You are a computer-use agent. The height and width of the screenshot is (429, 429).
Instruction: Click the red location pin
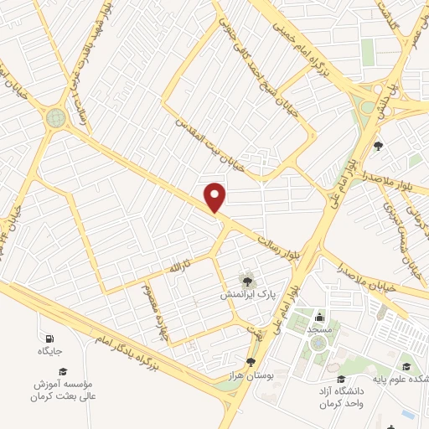click(x=215, y=196)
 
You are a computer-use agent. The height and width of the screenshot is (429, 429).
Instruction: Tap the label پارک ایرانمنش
click(x=247, y=295)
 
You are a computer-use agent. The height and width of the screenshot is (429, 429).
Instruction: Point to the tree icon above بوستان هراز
click(x=251, y=362)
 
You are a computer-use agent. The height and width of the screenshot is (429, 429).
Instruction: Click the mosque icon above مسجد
click(x=320, y=317)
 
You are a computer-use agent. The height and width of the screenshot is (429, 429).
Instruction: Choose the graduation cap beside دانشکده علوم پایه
click(x=406, y=365)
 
